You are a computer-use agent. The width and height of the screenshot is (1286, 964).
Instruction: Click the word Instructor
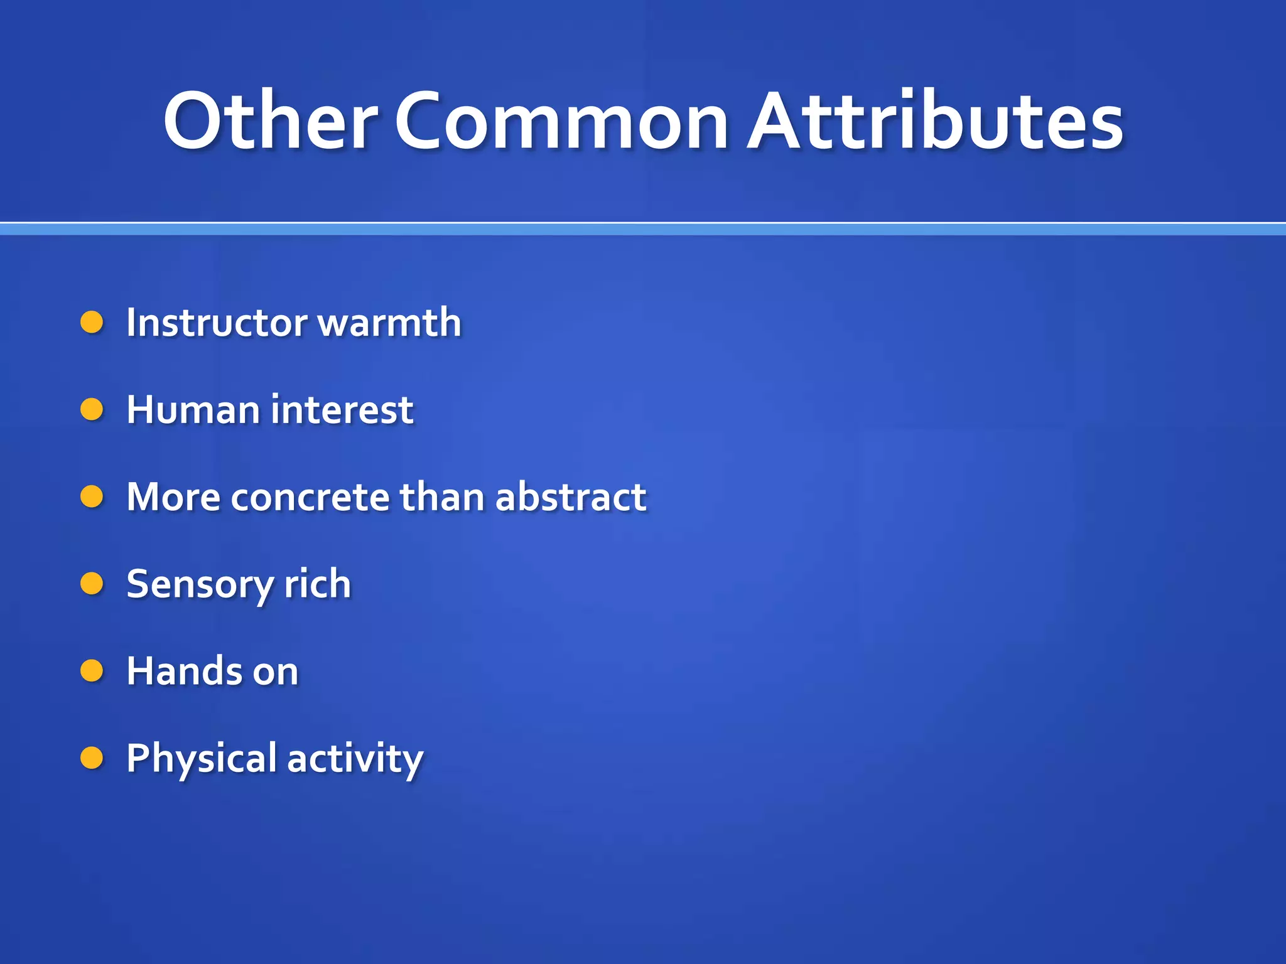pos(217,323)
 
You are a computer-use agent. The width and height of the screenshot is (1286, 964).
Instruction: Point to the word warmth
pos(390,323)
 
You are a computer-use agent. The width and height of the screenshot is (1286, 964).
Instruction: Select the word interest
pos(343,410)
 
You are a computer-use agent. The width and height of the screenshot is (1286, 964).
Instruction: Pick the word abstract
pos(571,497)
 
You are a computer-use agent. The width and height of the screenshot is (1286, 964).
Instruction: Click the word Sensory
pos(200,584)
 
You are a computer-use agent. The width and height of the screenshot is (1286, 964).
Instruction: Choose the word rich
pos(317,584)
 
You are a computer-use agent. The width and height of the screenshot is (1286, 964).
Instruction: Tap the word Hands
pos(184,671)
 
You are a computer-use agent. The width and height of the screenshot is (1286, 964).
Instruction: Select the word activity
pos(355,758)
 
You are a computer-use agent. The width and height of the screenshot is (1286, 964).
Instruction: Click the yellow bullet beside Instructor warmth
pos(92,323)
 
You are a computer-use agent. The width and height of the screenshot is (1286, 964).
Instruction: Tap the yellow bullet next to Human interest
pos(92,410)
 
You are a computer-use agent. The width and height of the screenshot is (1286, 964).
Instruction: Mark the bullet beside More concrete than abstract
pos(92,497)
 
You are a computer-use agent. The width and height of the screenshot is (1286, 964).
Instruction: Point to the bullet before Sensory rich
pos(92,584)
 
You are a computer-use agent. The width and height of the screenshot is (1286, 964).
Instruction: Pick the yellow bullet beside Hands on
pos(92,671)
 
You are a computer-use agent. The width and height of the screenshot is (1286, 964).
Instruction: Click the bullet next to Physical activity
pos(92,758)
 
